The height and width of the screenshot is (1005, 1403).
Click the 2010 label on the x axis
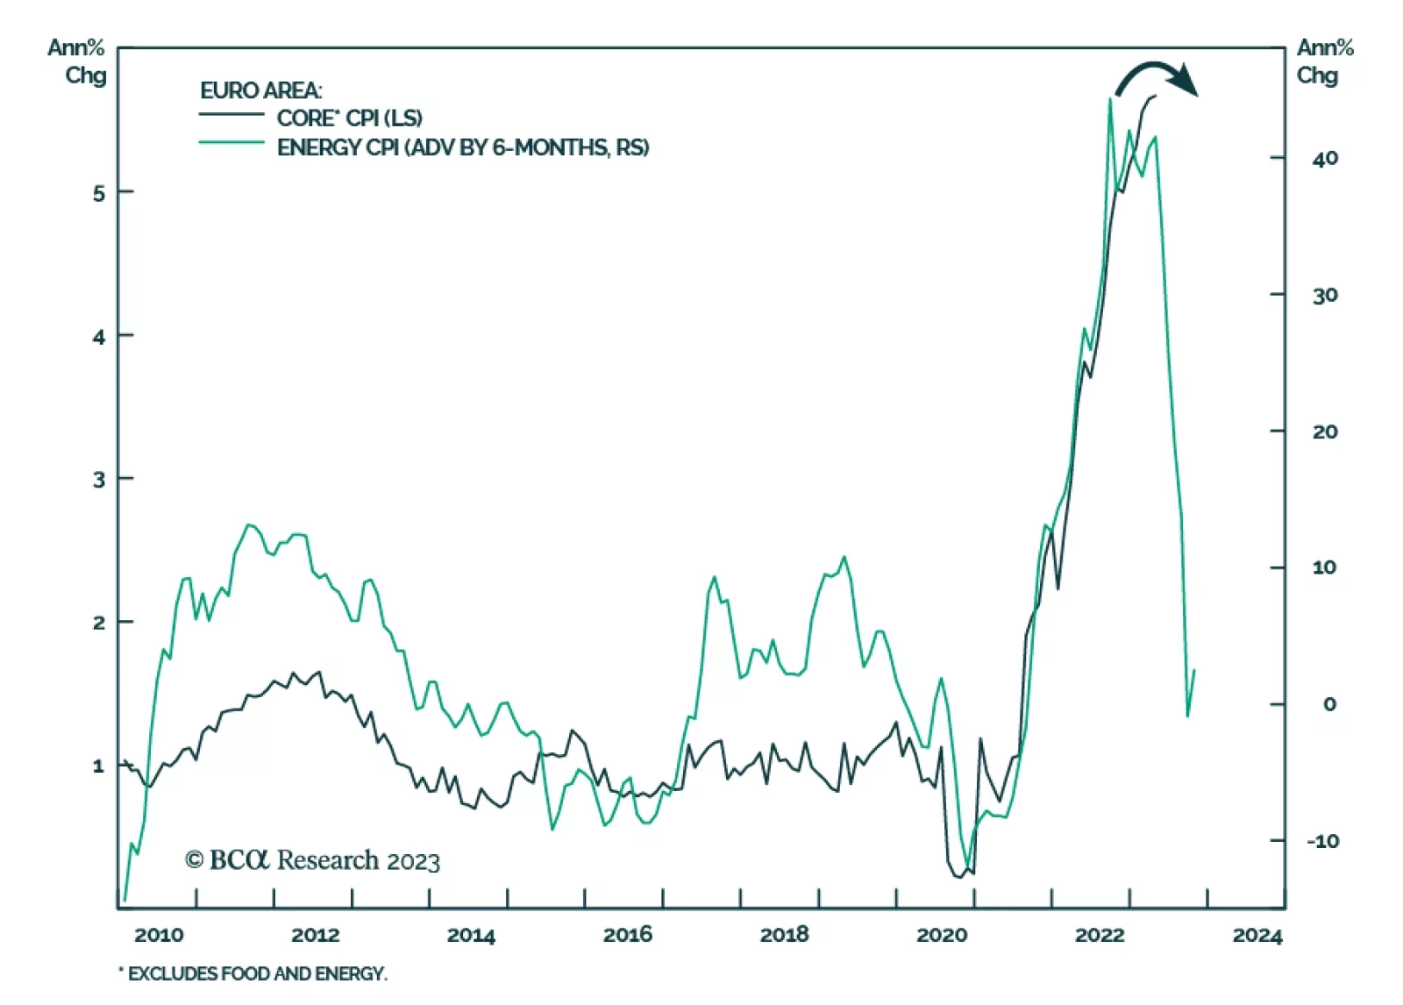[159, 935]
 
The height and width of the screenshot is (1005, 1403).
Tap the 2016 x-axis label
[627, 935]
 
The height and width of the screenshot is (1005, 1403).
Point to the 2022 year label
[1099, 935]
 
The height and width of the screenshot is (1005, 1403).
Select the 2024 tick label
[1257, 936]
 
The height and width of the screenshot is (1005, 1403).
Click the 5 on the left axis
[99, 193]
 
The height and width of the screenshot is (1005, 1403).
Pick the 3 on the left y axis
[99, 480]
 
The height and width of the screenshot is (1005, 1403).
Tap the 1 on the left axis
[99, 766]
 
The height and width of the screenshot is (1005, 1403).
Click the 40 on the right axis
[1325, 159]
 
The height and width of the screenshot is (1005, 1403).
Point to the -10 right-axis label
[1323, 841]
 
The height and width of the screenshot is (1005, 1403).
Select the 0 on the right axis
[1329, 704]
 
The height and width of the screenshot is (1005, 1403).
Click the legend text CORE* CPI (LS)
[349, 118]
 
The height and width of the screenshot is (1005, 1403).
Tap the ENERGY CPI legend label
[463, 147]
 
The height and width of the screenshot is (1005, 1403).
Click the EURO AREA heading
[260, 90]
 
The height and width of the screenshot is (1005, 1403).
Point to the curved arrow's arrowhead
[1188, 81]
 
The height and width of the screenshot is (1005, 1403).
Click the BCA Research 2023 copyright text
[312, 860]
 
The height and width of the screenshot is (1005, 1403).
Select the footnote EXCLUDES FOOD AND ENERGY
[253, 973]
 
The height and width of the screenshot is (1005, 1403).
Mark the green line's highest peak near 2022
[1110, 98]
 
